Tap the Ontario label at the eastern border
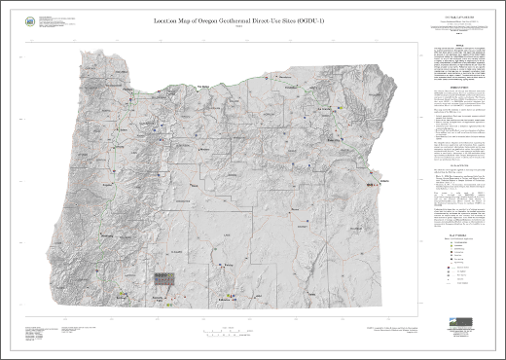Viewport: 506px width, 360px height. [x=380, y=183]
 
